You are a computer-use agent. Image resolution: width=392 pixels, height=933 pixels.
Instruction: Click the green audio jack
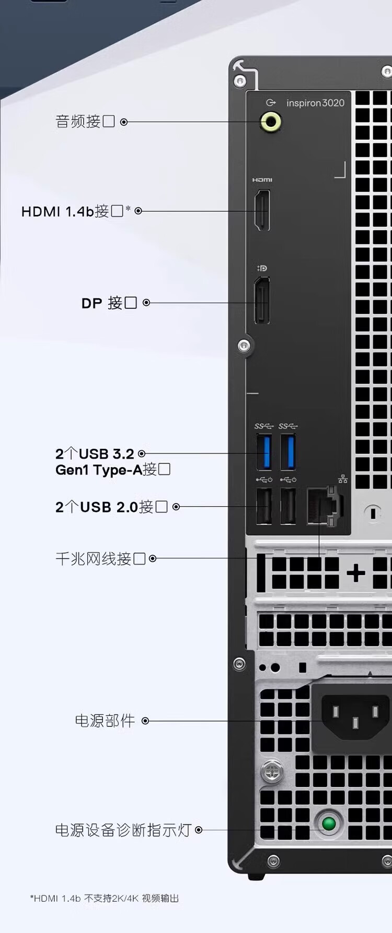coord(271,122)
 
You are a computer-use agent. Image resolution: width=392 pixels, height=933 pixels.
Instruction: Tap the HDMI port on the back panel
coord(262,210)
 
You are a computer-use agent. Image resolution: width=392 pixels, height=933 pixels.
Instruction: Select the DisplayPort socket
coord(262,301)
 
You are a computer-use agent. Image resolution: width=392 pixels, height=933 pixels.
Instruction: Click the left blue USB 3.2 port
coord(264,452)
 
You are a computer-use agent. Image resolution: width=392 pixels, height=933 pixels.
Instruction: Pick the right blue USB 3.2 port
coord(288,452)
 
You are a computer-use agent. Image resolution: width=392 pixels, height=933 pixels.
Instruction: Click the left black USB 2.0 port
coord(263,506)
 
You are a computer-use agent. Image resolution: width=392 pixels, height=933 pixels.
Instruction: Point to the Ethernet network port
coord(324,505)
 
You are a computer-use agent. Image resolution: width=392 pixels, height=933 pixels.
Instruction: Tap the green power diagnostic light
coord(329,824)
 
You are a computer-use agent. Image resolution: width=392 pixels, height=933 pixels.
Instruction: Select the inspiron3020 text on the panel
coord(315,103)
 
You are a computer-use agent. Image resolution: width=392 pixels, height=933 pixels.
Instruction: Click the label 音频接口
coord(85,122)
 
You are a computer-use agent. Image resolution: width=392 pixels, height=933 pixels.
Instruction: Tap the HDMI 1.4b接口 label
coord(73,211)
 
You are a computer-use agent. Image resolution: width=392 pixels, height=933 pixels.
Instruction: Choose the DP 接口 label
coord(109,303)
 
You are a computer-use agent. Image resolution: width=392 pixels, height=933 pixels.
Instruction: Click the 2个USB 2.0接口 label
coord(111,507)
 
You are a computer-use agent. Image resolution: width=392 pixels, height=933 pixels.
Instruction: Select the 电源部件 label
coord(105,721)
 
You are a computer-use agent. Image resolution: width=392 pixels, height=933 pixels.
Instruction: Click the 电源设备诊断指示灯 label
coord(123,830)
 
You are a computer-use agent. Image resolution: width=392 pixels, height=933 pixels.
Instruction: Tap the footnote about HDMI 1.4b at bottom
coord(105,898)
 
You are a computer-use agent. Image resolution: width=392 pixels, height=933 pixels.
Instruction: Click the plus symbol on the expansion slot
coord(356,573)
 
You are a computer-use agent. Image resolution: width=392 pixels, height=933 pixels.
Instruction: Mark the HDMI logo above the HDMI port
coord(262,180)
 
